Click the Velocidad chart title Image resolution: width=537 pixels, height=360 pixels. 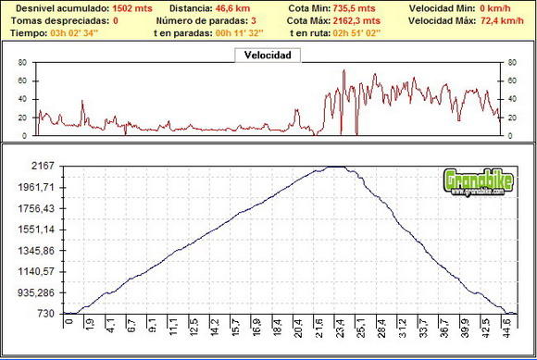[x=268, y=56]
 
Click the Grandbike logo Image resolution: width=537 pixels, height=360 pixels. [x=475, y=180]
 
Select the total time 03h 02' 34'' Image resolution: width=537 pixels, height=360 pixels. [x=74, y=32]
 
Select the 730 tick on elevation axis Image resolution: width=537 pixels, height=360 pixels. [x=46, y=315]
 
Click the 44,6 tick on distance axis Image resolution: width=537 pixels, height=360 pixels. [x=507, y=326]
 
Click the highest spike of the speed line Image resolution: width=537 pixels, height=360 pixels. [x=343, y=70]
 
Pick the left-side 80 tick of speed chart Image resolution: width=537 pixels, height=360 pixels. [x=21, y=63]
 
